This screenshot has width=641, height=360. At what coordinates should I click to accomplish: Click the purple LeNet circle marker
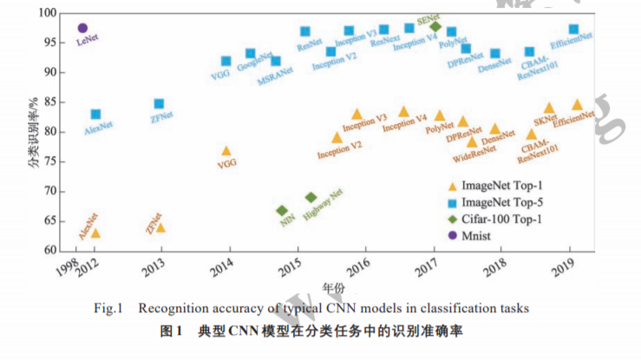(82, 29)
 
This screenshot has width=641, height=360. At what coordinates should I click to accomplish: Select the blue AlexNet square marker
(95, 115)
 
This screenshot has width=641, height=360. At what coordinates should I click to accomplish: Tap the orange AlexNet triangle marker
(95, 232)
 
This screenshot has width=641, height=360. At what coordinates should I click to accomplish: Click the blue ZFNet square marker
(159, 104)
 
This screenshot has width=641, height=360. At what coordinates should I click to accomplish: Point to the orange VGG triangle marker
(226, 151)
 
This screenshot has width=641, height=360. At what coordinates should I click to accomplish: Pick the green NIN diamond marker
(282, 211)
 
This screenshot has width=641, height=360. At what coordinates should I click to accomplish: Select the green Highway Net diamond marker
(311, 198)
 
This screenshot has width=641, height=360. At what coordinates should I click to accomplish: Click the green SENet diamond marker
(435, 26)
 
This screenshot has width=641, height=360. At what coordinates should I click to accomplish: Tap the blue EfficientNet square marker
(573, 29)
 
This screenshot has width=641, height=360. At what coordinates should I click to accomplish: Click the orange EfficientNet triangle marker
(577, 105)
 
